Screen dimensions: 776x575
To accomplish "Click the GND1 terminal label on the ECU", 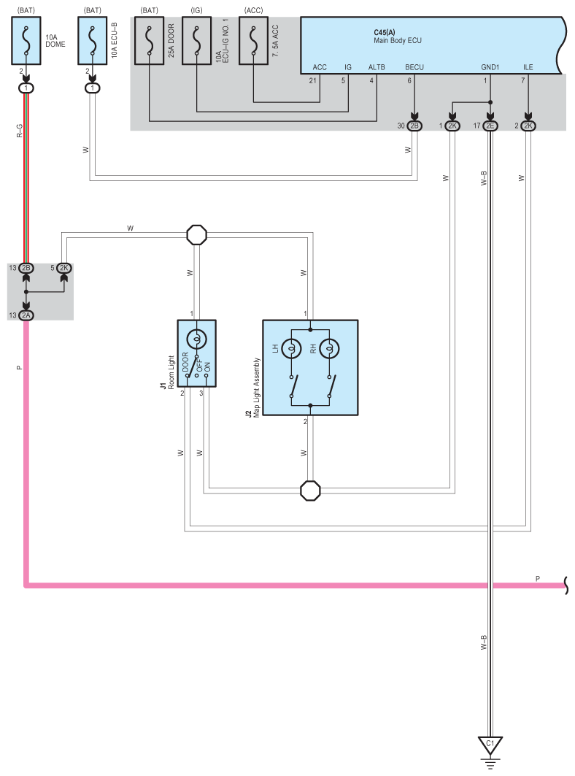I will click(x=489, y=66).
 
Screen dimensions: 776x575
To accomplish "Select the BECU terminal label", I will click(x=414, y=66).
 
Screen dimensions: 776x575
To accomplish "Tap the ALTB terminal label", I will click(x=377, y=66).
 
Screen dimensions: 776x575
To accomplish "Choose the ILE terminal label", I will click(x=528, y=66).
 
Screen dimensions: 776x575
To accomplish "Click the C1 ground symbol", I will click(x=490, y=745).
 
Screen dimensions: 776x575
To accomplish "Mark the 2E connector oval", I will click(x=490, y=126).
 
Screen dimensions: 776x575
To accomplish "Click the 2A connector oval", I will click(x=26, y=315).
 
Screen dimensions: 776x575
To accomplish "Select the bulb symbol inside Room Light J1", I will click(x=197, y=339).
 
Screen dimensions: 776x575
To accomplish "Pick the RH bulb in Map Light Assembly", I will click(x=329, y=348).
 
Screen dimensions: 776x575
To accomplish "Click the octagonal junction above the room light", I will click(x=197, y=235).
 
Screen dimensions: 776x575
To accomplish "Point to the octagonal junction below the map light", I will click(x=311, y=490).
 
